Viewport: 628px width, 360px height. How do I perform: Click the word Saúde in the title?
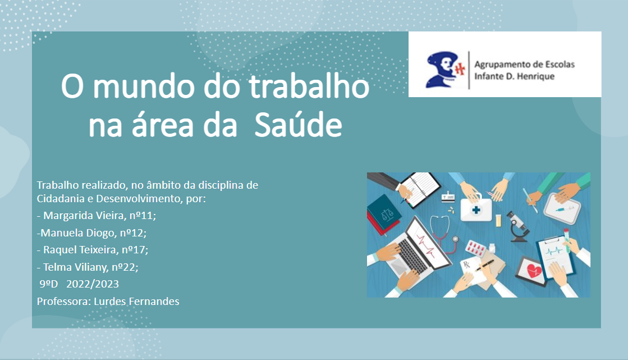click(x=297, y=125)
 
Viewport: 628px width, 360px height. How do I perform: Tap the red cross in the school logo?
click(x=460, y=69)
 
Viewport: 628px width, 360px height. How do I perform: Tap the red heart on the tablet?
click(x=531, y=271)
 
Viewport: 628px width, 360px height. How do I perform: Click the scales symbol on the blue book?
click(x=384, y=214)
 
